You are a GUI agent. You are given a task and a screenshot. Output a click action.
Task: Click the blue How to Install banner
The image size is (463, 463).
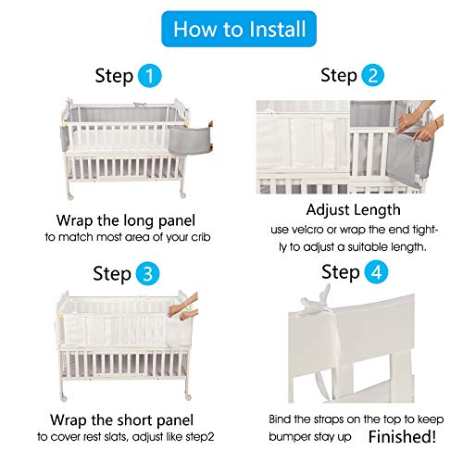pos(231,29)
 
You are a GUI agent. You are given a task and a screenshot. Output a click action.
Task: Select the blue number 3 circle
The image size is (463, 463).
pos(146,273)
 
